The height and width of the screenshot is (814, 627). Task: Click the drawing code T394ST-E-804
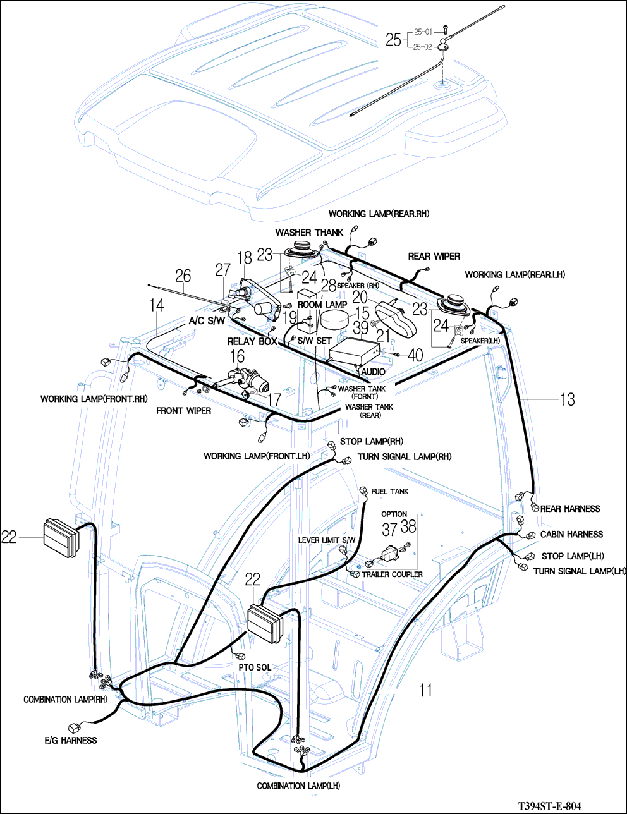coord(549,806)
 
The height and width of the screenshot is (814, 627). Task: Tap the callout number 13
coord(567,399)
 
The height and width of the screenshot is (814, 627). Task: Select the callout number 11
coord(426,689)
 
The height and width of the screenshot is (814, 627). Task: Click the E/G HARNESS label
coord(71,740)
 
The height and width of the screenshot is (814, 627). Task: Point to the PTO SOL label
coord(255,667)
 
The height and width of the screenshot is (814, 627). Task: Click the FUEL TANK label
coord(389,491)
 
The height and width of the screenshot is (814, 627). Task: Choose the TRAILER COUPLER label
coord(392,574)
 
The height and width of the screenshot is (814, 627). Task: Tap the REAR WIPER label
coord(434,256)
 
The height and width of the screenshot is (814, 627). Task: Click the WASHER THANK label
coord(309,233)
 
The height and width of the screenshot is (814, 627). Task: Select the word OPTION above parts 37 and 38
coord(394,514)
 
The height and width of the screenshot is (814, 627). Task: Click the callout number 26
coord(183,276)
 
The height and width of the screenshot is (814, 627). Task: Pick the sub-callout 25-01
coord(423,32)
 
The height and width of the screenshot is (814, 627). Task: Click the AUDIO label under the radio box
coord(373,372)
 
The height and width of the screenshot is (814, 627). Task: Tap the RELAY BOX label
coord(252,341)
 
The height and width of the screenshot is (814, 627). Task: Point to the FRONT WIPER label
coord(183,411)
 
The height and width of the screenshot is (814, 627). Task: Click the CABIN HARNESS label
coord(571,534)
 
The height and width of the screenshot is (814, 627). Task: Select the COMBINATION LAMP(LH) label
coord(298,786)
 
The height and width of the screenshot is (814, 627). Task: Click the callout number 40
coord(415,355)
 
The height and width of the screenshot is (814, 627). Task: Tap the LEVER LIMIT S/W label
coord(327,540)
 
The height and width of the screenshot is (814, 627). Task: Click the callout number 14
coord(157,305)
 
